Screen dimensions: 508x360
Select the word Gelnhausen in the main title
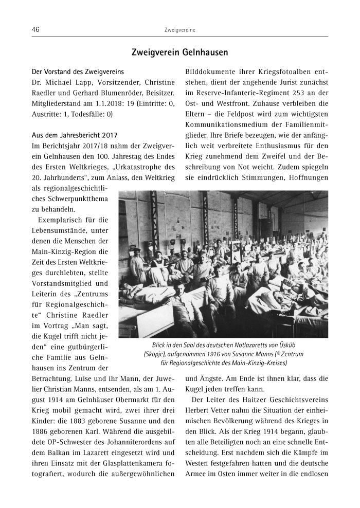tap(204, 52)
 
